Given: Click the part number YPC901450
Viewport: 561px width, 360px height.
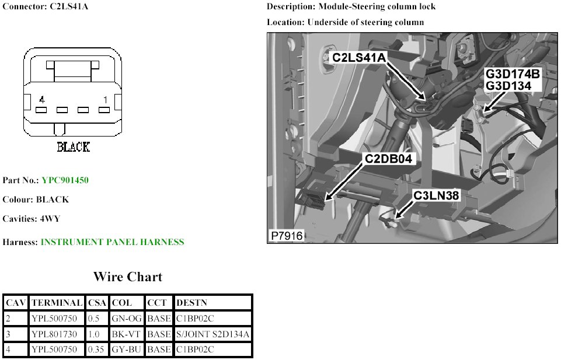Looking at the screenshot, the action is click(64, 180).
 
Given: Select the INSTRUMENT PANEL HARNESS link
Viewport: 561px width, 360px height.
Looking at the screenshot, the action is click(112, 242).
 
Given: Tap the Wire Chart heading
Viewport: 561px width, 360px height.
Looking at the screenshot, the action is click(127, 277).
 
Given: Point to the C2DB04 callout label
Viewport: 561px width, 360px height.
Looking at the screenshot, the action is click(389, 159).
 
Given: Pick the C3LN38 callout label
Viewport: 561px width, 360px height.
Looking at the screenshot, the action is click(437, 196).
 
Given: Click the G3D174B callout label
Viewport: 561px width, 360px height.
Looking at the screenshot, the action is click(514, 75).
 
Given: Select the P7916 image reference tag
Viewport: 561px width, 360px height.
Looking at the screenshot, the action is click(286, 236).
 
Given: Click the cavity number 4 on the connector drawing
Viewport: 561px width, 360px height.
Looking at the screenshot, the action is click(41, 100).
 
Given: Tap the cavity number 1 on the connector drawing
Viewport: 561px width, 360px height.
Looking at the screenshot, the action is click(104, 100).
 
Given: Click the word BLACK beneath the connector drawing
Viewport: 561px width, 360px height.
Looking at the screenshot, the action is click(73, 147).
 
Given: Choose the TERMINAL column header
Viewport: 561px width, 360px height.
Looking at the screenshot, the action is click(57, 303).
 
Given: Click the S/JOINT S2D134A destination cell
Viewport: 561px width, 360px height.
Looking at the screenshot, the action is click(212, 334).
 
